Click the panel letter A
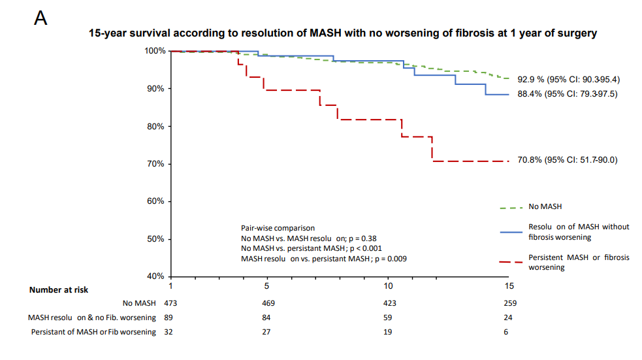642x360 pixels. click(40, 18)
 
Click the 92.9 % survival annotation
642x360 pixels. click(568, 79)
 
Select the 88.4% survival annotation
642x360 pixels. click(567, 94)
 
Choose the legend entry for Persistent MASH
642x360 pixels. click(579, 262)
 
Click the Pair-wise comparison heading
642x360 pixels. click(278, 228)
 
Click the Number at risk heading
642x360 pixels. click(59, 289)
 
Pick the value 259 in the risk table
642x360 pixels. click(510, 303)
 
